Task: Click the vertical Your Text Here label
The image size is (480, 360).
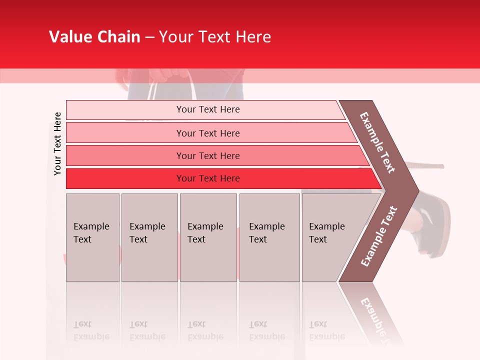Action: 57,143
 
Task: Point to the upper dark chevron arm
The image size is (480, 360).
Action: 378,142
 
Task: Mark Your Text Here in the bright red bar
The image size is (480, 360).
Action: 208,178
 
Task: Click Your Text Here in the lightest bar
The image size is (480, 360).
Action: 208,109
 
